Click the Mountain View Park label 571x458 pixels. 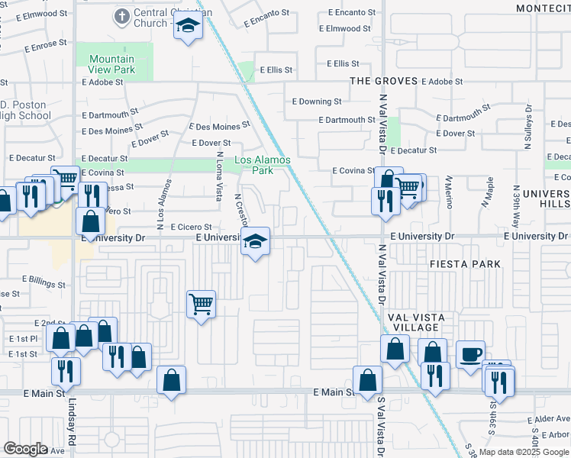111,64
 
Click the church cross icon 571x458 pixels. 121,15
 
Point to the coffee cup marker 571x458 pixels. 471,354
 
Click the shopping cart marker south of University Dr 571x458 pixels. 202,305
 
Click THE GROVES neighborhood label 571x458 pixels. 384,81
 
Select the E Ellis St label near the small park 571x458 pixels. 276,70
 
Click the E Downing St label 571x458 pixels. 317,102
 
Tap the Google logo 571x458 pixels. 25,449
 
